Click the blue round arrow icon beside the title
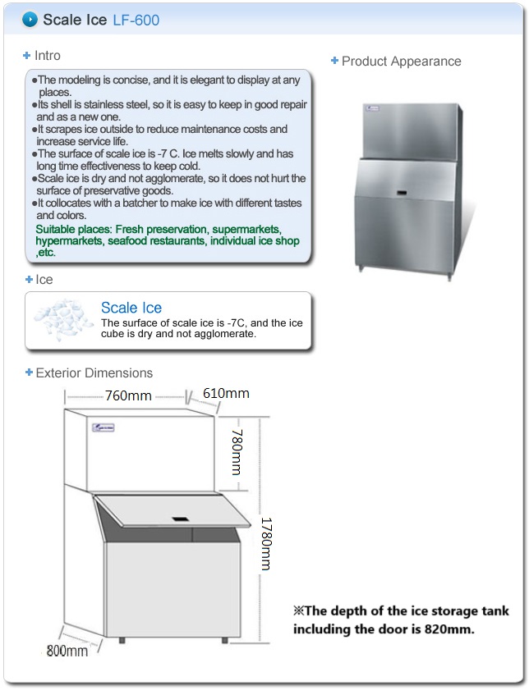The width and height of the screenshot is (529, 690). point(30,20)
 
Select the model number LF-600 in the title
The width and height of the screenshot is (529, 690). point(136,21)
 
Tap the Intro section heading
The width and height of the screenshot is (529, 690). point(47,56)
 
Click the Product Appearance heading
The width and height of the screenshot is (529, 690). point(401,62)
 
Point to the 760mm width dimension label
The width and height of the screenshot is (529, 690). point(128,395)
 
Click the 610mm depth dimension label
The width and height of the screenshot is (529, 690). point(226,393)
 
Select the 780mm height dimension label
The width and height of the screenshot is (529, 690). point(237,452)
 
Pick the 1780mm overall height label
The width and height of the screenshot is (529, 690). point(266,544)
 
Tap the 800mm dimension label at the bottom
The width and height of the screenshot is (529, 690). point(67,651)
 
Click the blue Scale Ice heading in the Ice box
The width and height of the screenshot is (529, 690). point(131,307)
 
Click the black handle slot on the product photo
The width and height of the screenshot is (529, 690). point(402,193)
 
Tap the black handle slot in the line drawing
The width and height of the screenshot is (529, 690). point(181,519)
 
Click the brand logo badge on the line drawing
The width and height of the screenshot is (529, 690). point(103,427)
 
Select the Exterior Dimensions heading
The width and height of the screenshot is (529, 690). point(94,372)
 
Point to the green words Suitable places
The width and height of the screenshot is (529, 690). point(73,229)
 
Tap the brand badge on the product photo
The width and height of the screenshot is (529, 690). point(373,107)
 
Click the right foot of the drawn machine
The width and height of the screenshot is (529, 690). point(224,640)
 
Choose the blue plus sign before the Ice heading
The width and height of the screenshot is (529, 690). point(29,280)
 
